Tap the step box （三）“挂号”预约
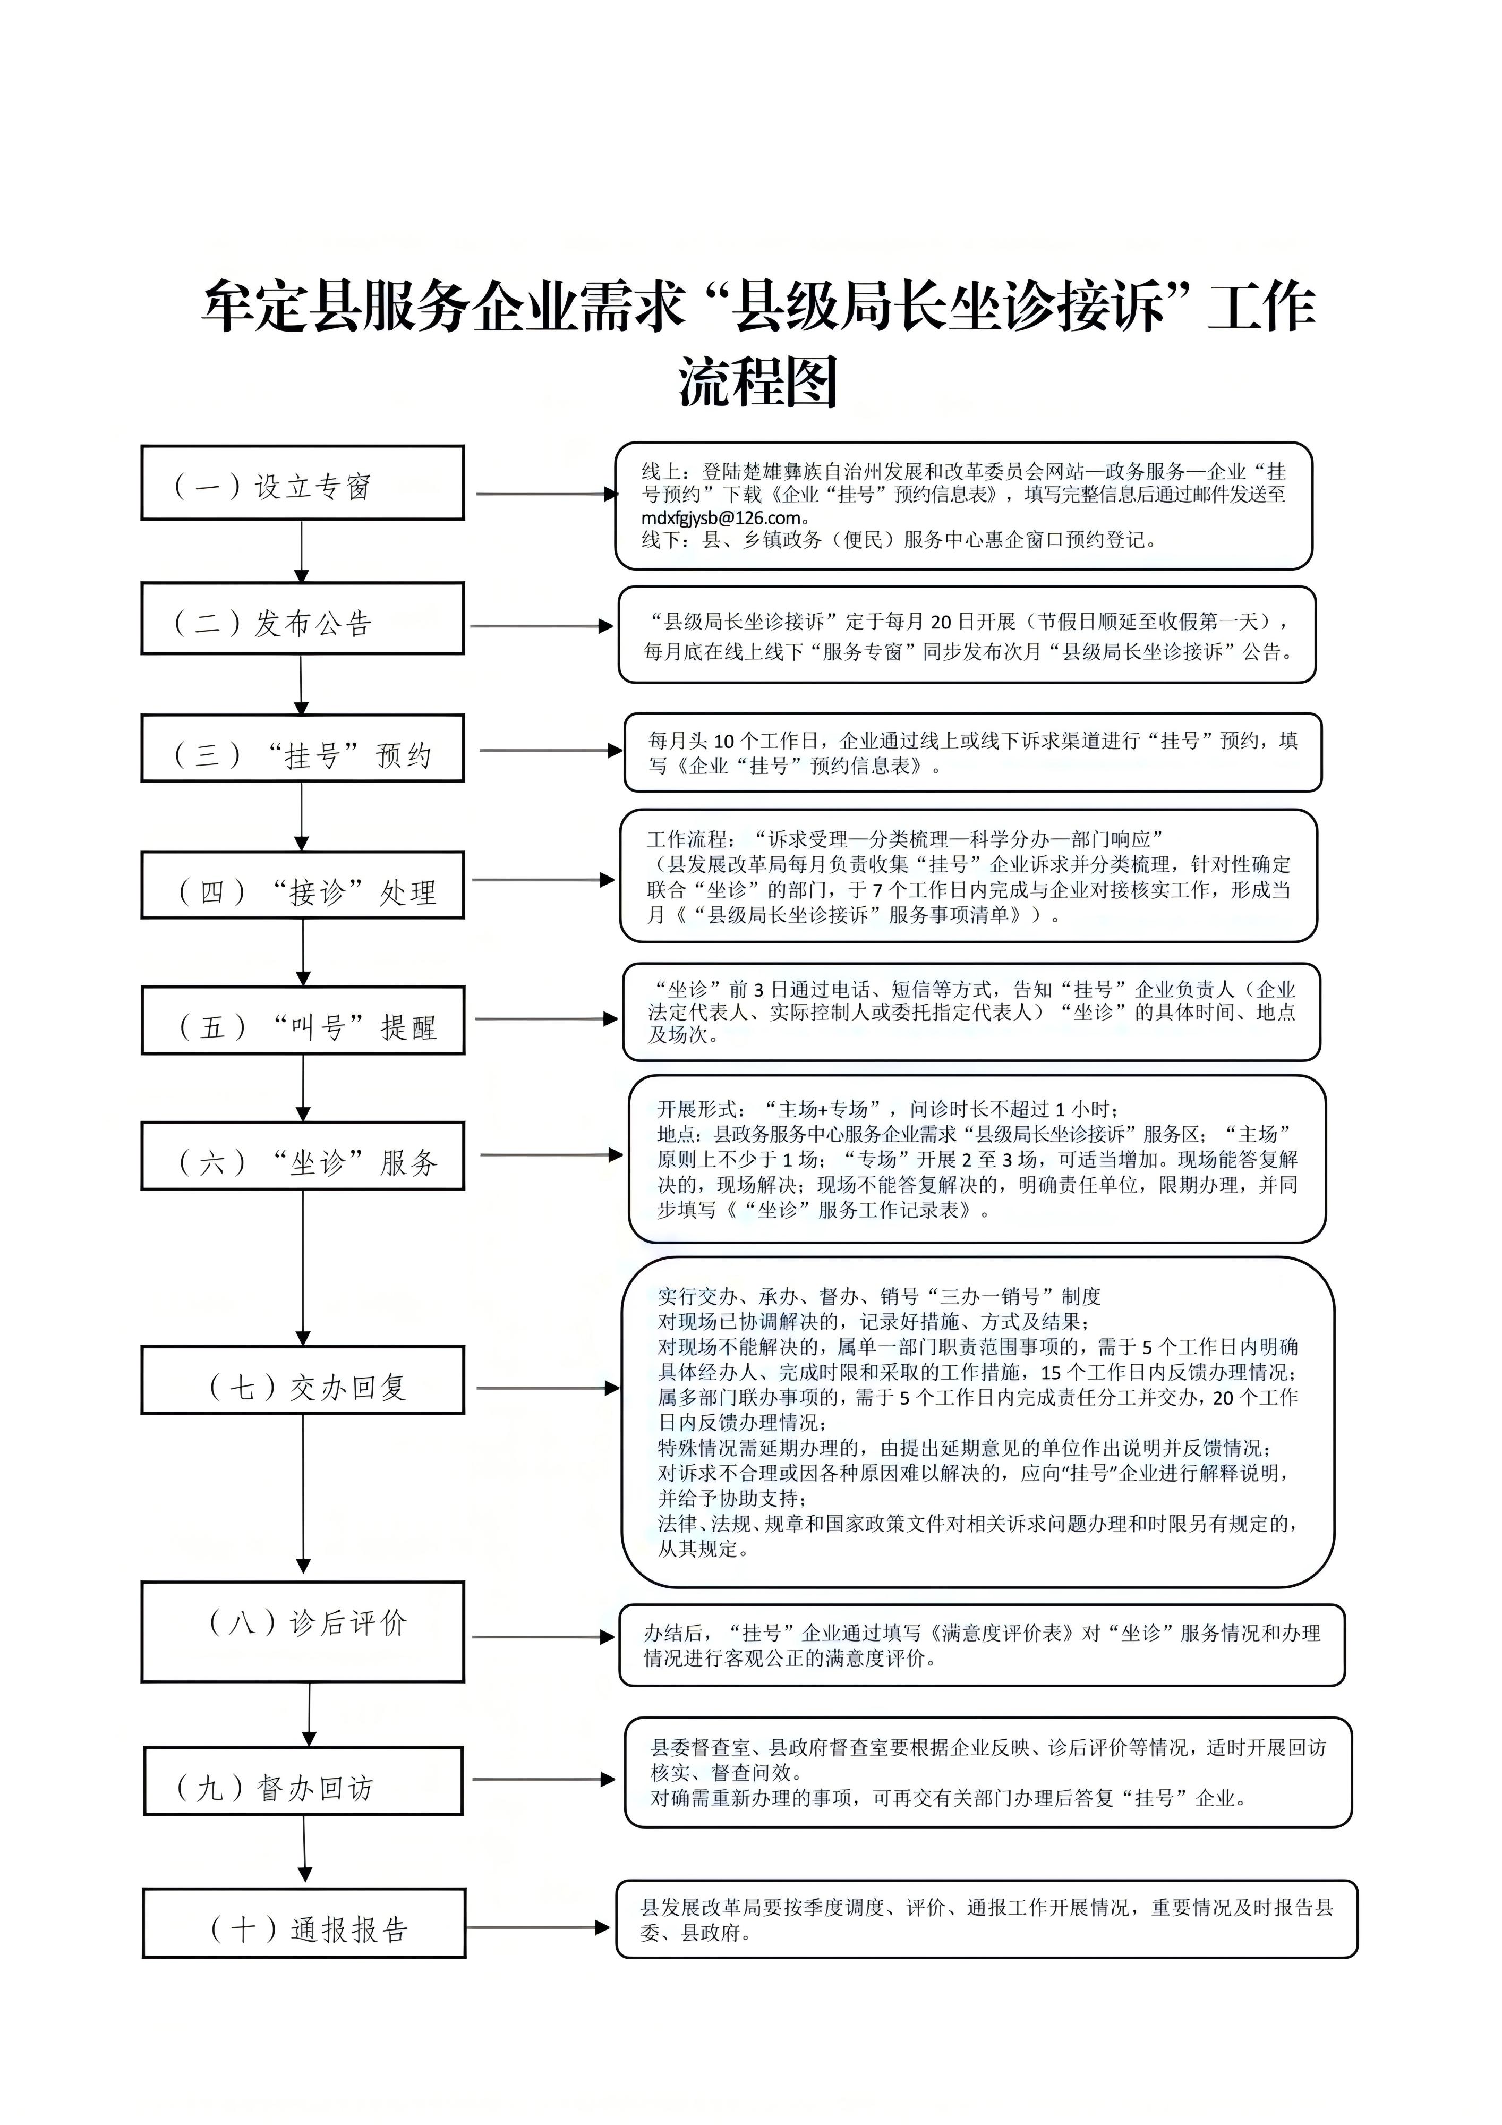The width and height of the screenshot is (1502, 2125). [303, 748]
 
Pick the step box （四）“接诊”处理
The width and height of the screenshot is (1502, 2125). [303, 885]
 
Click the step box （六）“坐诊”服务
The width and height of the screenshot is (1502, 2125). [303, 1156]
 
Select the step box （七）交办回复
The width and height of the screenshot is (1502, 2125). [303, 1380]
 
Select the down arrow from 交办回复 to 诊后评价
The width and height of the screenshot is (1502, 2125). [303, 1492]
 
